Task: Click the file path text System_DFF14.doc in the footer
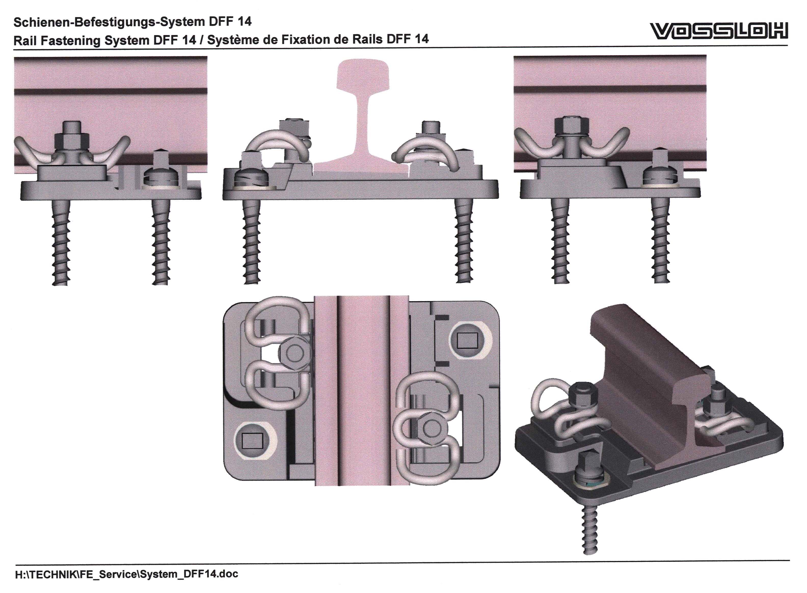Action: (189, 574)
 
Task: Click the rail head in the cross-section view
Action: (363, 75)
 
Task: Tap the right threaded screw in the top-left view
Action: (160, 242)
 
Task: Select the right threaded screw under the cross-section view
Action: (464, 240)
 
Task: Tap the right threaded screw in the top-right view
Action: (661, 240)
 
